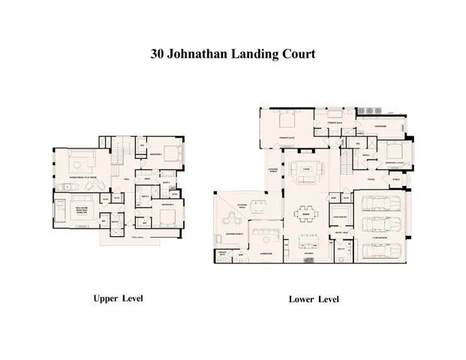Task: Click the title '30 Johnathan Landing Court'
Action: (x=233, y=54)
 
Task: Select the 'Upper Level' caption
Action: (x=117, y=298)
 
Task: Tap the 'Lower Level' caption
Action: (x=314, y=299)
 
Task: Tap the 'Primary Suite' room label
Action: (x=289, y=139)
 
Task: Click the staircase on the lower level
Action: (x=347, y=160)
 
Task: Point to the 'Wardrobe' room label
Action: (x=380, y=126)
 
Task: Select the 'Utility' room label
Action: (x=340, y=247)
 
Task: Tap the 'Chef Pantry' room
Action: (x=339, y=217)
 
